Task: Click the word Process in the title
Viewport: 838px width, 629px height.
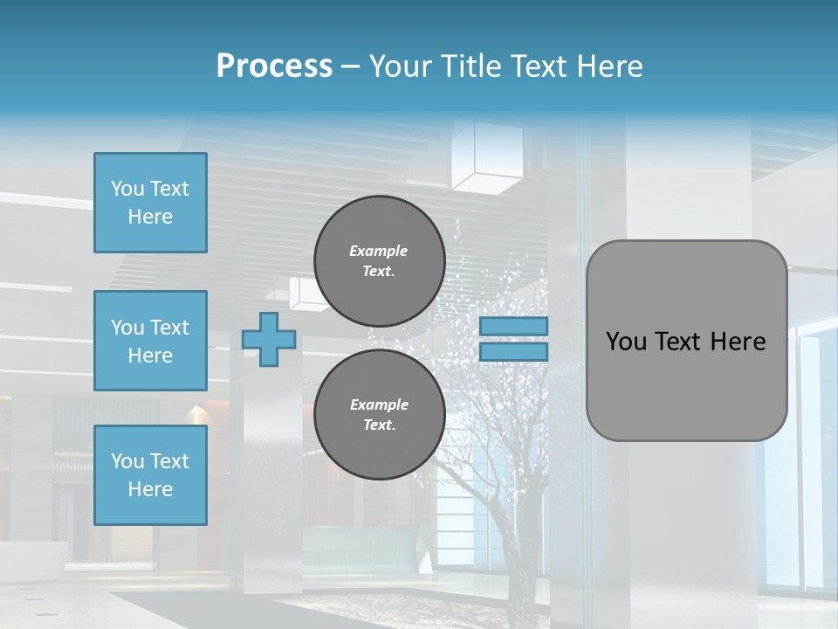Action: [274, 66]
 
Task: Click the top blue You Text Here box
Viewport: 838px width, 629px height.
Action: [150, 203]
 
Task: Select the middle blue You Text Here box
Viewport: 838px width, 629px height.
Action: [150, 341]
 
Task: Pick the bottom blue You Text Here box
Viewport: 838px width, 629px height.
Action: [150, 475]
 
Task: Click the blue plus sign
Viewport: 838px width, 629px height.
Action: [269, 339]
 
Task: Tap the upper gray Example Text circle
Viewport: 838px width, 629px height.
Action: [380, 261]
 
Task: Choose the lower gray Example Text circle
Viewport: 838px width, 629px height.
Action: [380, 415]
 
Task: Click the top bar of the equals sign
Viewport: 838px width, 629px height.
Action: [513, 326]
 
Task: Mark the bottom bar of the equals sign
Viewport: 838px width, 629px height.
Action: [513, 352]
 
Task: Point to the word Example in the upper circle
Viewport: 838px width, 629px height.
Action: [379, 252]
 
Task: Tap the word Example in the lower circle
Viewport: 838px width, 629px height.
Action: [379, 405]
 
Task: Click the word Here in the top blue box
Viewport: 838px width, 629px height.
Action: [150, 217]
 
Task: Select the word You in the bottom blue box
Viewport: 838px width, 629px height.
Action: [127, 461]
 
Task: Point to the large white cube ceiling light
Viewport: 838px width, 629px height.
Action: [487, 157]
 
